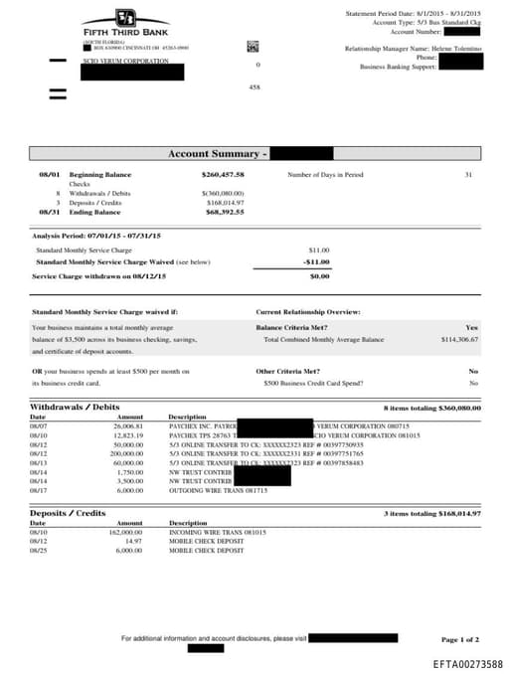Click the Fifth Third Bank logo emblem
point(124,18)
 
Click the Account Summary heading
point(217,154)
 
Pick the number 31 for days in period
point(468,174)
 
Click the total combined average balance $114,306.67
point(459,339)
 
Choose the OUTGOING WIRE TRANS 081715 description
point(218,490)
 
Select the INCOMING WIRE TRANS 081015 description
point(218,532)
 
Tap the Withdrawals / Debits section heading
point(75,408)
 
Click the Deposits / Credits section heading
point(68,513)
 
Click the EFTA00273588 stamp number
point(467,663)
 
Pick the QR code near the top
point(253,46)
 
